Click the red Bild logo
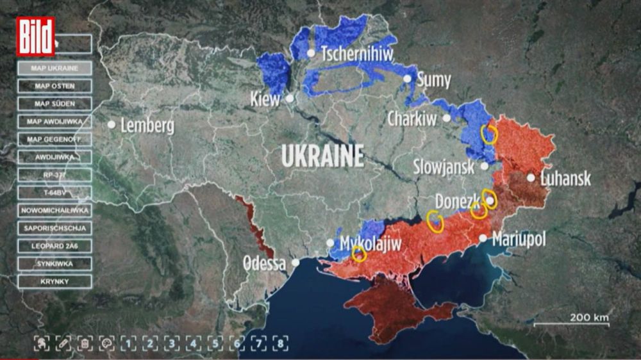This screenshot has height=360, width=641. coord(35,37)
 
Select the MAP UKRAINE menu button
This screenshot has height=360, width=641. coord(54,68)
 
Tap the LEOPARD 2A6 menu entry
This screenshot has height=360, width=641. coord(54,246)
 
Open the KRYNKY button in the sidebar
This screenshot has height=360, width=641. coord(54,281)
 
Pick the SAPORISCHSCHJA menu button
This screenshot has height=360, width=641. coord(54,228)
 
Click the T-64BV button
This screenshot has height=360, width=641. coord(54,192)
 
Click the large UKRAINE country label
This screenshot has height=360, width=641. coord(322,156)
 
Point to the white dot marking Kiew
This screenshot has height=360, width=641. coord(290,99)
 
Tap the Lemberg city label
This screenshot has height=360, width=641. coord(147,126)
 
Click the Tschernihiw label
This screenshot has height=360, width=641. coord(356,53)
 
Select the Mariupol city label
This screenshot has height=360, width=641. coord(519,240)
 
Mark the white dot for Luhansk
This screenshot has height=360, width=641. coord(531,177)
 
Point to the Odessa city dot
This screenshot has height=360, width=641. coord(296,263)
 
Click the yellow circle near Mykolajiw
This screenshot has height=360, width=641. coord(359,254)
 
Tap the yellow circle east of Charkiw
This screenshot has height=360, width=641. coord(489,134)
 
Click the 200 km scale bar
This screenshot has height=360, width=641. coord(571,324)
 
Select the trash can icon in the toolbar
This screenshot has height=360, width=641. coord(84,343)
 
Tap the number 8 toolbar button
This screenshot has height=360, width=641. coord(280,343)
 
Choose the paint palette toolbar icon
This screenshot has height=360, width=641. coord(106,343)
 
